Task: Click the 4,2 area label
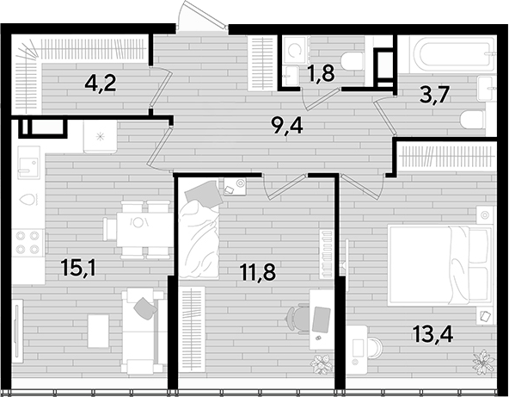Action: (101, 84)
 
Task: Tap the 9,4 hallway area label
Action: (288, 126)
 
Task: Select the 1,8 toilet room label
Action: (321, 73)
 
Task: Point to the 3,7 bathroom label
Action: (434, 95)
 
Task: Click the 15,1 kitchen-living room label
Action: (78, 268)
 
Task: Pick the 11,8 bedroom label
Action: (258, 271)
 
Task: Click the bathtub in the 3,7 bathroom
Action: (452, 54)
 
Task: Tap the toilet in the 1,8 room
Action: (353, 60)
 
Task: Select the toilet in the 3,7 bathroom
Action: (473, 119)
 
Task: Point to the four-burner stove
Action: (28, 242)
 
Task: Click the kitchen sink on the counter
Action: (29, 162)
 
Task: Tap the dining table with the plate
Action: (144, 229)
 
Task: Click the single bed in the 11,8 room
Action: (199, 230)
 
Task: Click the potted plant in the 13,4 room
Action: (483, 361)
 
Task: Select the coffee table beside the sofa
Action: (98, 331)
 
